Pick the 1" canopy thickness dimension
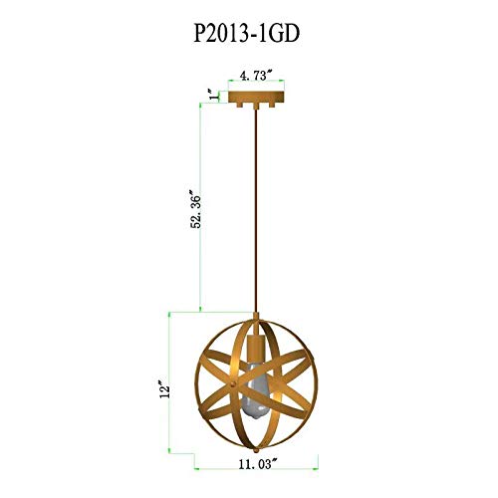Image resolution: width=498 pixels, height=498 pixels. coord(211,94)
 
